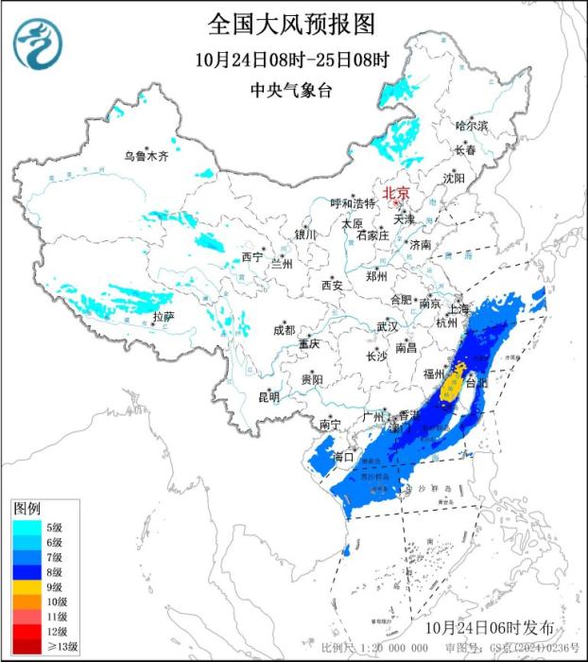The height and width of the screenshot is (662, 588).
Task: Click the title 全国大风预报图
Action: [x=293, y=22]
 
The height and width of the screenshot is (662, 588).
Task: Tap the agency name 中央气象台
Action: [x=293, y=90]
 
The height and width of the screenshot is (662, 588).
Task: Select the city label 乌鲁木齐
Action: [x=147, y=156]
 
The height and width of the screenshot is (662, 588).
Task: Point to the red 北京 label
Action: [x=395, y=192]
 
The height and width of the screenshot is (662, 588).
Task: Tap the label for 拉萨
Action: [x=163, y=317]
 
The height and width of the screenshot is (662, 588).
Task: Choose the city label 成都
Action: [x=284, y=330]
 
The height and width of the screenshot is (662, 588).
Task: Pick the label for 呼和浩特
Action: [x=353, y=203]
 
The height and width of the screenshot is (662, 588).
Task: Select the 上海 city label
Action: [x=459, y=309]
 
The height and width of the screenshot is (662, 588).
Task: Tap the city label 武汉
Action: [x=387, y=326]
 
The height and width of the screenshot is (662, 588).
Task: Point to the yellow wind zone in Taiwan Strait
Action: [x=454, y=383]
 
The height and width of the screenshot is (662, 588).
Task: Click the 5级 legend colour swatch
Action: [x=25, y=527]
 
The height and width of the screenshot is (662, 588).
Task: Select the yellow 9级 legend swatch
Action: [x=25, y=586]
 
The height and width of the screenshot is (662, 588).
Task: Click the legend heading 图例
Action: [x=26, y=510]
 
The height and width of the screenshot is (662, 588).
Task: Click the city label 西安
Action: [x=330, y=285]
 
